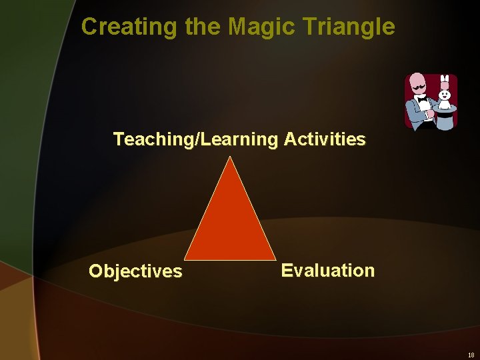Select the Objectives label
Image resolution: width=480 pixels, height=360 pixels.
coord(135,271)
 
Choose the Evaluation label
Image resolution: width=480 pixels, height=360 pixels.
coord(327,270)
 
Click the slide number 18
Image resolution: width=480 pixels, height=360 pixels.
coord(471,355)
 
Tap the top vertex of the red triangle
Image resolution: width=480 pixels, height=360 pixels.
coord(230,157)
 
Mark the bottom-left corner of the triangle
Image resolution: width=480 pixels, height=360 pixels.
coord(185,259)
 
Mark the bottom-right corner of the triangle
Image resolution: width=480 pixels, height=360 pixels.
coord(275,259)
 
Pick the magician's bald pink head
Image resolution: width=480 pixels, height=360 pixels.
coord(417,81)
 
